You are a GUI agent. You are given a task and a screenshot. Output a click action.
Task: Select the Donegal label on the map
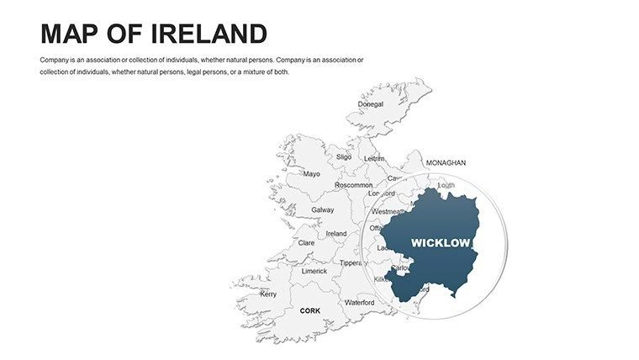[x=370, y=105]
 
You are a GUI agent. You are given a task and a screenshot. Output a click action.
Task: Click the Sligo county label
[x=344, y=156]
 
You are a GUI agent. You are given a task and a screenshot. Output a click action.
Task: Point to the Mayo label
[x=311, y=174]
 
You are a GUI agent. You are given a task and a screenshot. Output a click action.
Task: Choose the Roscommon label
[x=353, y=185]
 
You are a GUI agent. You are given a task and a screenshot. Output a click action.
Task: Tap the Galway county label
[x=323, y=210]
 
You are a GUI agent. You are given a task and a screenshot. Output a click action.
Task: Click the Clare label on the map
[x=307, y=242]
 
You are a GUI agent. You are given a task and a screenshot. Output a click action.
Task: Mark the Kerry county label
[x=268, y=294]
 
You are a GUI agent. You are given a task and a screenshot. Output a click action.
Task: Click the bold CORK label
[x=310, y=310]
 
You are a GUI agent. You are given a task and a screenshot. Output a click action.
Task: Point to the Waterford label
[x=360, y=302]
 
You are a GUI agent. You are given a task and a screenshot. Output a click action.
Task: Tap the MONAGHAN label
[x=446, y=162]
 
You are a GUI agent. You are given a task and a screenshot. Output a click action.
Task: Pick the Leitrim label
[x=373, y=158]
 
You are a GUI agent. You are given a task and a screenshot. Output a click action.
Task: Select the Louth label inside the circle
[x=446, y=185]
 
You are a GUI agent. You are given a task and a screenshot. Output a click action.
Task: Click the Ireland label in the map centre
[x=336, y=234]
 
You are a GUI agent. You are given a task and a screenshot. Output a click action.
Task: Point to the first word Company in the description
[x=55, y=60]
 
